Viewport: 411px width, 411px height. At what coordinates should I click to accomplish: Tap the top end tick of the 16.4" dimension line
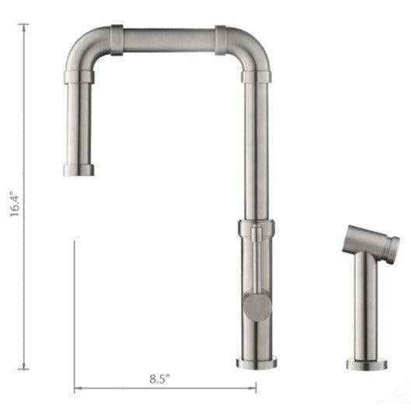(23, 25)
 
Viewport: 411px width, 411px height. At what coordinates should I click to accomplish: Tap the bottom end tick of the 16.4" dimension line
(23, 368)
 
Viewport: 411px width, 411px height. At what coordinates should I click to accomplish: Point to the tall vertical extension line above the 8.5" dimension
(74, 311)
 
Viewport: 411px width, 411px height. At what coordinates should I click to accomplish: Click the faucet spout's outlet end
(77, 171)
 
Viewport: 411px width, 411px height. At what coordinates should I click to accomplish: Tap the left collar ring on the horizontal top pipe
(117, 40)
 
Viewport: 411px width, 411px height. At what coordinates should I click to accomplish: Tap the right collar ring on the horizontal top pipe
(221, 40)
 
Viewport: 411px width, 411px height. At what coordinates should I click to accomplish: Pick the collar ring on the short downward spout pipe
(76, 75)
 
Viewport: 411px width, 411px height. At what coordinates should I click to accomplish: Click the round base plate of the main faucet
(257, 360)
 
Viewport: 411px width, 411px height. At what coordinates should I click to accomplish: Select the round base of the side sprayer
(365, 364)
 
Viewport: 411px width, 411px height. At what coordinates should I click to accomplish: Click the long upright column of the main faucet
(256, 148)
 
